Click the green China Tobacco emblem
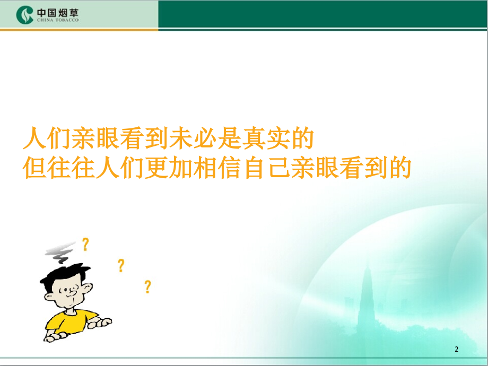tap(24, 15)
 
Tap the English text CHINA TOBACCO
tap(58, 20)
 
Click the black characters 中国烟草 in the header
tap(58, 13)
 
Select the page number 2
tap(457, 349)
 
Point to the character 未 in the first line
tap(180, 138)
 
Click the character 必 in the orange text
tap(205, 138)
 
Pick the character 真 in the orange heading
tap(254, 138)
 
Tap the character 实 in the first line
tap(277, 138)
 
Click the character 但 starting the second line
tap(35, 168)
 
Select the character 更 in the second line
tap(156, 168)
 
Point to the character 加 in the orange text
tap(180, 168)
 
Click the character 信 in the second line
tap(229, 168)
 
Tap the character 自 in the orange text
tap(254, 168)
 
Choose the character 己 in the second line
tap(278, 168)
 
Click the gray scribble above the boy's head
tap(60, 252)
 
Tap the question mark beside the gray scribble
tap(85, 245)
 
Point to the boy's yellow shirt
tap(71, 322)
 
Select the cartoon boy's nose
tap(74, 293)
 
